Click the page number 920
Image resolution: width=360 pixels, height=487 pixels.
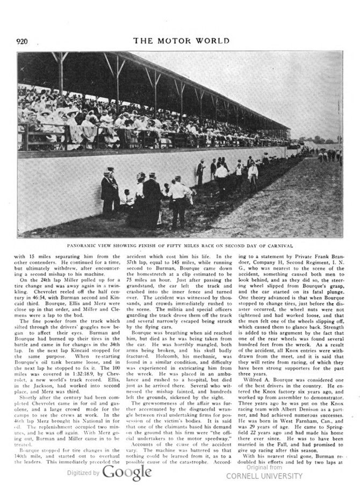pyautogui.click(x=26, y=41)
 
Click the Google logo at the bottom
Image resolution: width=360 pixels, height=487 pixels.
pyautogui.click(x=127, y=472)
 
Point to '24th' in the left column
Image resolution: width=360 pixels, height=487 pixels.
pyautogui.click(x=39, y=280)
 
